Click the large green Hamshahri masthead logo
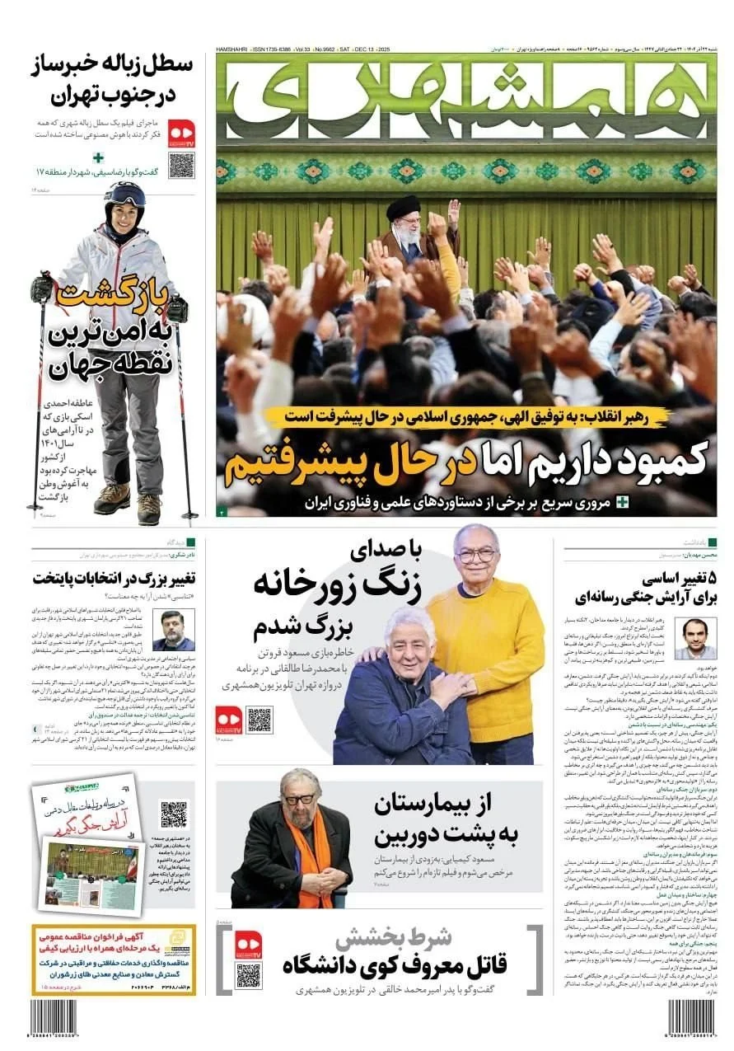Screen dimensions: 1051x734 [466, 99]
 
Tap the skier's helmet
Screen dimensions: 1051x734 [124, 196]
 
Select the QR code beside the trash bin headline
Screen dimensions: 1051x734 [181, 165]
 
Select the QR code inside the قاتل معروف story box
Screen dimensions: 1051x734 [248, 976]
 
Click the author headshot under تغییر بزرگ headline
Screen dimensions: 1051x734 [174, 631]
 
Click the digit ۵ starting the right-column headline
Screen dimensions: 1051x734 [711, 576]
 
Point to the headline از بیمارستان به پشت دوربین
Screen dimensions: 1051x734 [446, 821]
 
